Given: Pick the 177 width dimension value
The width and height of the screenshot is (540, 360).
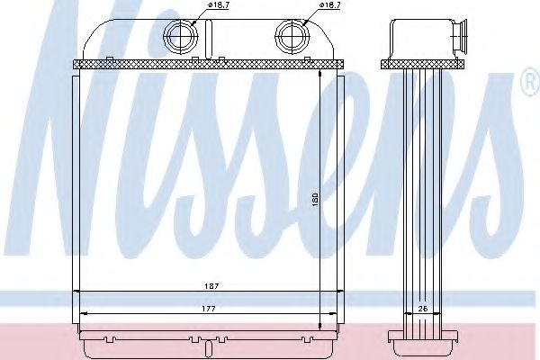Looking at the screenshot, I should pyautogui.click(x=208, y=307).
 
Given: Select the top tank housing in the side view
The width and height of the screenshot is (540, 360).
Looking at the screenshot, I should pyautogui.click(x=421, y=40).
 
